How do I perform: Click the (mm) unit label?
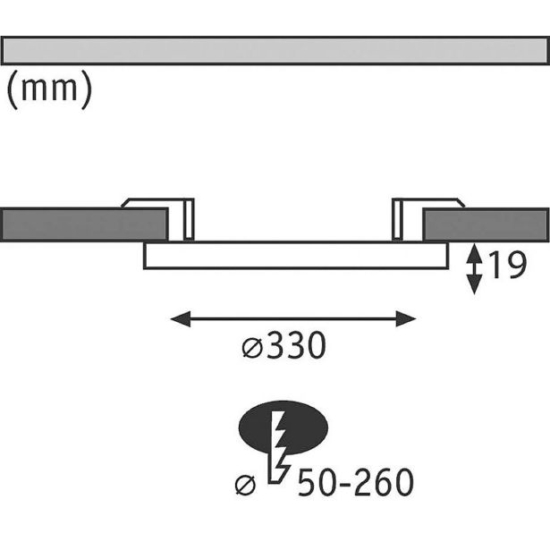pos(49,90)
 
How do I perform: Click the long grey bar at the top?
pos(275,51)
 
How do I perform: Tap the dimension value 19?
pos(505,266)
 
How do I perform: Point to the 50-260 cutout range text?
pos(355,484)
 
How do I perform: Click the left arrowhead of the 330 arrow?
pos(178,317)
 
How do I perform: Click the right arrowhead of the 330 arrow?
pos(409,317)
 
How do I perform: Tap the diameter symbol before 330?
pos(251,348)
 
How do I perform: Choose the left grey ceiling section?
pos(84,224)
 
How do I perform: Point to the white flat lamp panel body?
pos(295,256)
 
